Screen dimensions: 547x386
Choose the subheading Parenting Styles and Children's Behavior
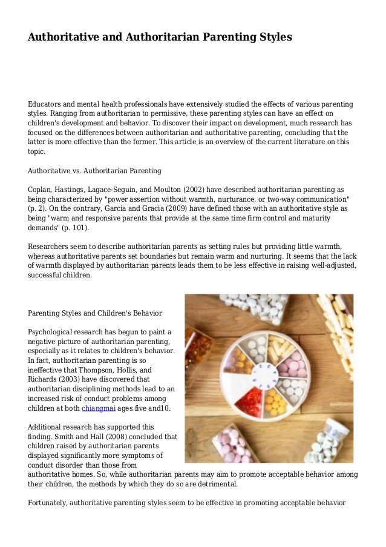click(x=96, y=313)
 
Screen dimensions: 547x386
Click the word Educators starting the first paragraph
click(x=48, y=104)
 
